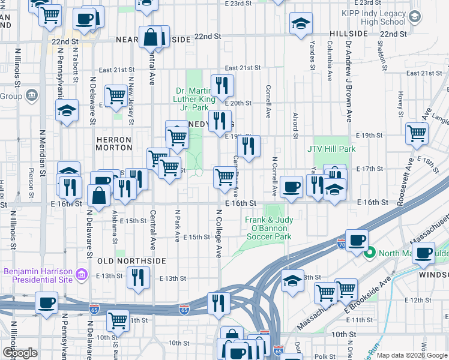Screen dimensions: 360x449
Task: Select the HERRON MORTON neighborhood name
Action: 113,144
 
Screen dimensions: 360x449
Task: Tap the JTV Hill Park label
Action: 331,149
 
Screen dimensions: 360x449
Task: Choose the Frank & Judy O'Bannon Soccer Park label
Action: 268,228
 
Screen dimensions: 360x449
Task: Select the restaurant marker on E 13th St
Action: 139,277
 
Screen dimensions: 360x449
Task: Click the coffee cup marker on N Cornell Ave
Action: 292,186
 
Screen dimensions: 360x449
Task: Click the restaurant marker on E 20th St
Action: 222,86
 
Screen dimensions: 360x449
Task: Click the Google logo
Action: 20,353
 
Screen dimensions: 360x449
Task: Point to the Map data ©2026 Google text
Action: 412,355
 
